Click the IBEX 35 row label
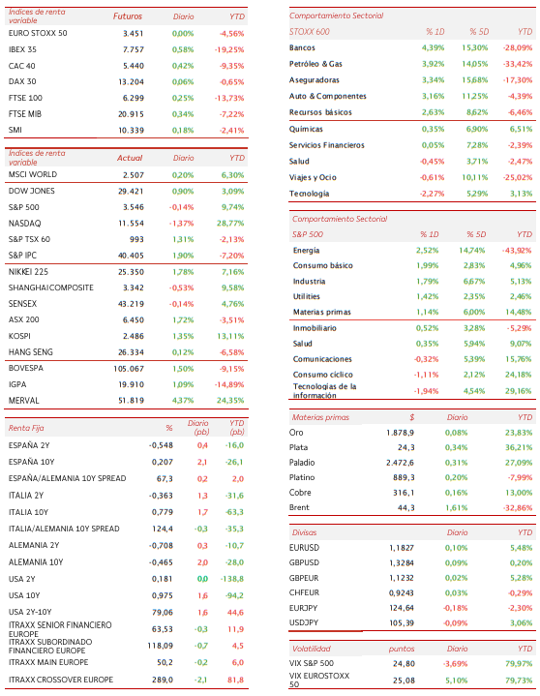click(x=22, y=49)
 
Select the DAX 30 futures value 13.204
click(x=131, y=81)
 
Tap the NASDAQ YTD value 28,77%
click(x=230, y=224)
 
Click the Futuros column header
click(x=128, y=16)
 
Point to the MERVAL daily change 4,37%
click(x=183, y=401)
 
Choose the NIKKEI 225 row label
click(x=28, y=272)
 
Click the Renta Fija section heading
click(x=26, y=428)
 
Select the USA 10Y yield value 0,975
click(x=163, y=595)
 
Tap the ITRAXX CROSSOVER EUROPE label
click(x=61, y=680)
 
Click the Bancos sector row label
click(x=302, y=47)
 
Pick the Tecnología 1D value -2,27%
click(x=433, y=194)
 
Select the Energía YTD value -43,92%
click(x=517, y=251)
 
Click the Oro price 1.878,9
click(x=401, y=433)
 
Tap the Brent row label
click(x=299, y=507)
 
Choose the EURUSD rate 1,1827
click(x=402, y=548)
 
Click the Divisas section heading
click(x=305, y=532)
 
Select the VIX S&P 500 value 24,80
click(x=404, y=664)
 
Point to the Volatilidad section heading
click(x=312, y=649)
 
